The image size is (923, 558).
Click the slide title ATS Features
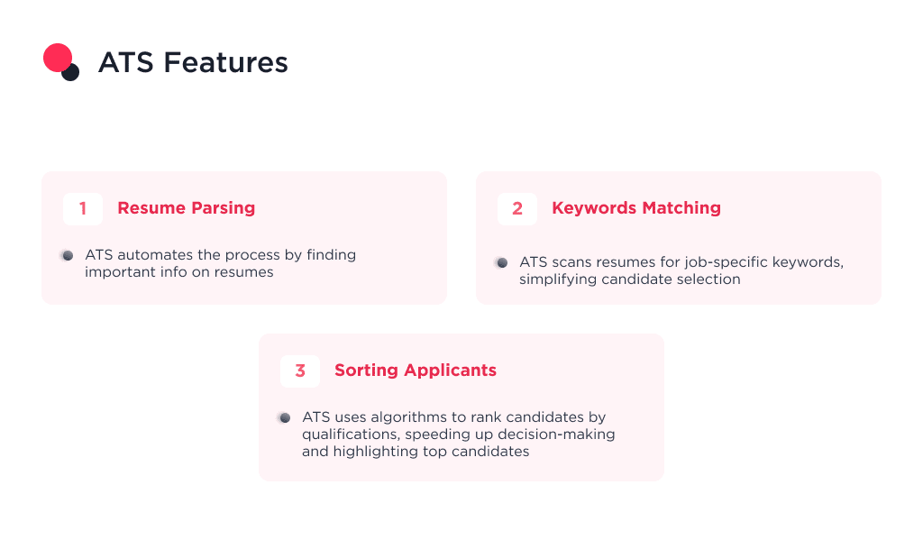193,63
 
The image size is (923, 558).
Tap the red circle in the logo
57,58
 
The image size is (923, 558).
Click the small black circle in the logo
71,72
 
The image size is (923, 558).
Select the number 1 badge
83,208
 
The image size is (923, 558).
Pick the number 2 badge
517,208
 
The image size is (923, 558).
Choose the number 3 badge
300,370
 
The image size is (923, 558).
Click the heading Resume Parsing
186,208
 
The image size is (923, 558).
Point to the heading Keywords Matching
635,208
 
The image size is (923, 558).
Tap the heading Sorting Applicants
415,370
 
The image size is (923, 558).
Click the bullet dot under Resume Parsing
67,255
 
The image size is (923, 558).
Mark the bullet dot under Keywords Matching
501,262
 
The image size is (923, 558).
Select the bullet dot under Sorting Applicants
284,417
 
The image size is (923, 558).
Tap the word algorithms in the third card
402,417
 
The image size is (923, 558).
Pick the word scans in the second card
571,262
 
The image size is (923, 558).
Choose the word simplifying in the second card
559,279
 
